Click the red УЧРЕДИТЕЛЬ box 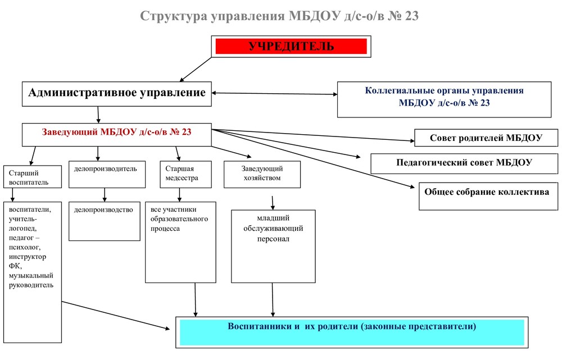pyautogui.click(x=291, y=47)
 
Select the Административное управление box pyautogui.click(x=117, y=94)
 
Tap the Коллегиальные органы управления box pyautogui.click(x=444, y=99)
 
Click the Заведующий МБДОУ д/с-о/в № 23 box pyautogui.click(x=117, y=135)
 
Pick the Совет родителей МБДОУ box pyautogui.click(x=486, y=138)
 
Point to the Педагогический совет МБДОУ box pyautogui.click(x=464, y=163)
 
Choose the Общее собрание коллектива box pyautogui.click(x=488, y=196)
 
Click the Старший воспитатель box pyautogui.click(x=33, y=176)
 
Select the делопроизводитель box pyautogui.click(x=107, y=175)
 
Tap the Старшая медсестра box pyautogui.click(x=185, y=175)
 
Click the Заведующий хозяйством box pyautogui.click(x=262, y=175)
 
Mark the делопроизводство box pyautogui.click(x=105, y=221)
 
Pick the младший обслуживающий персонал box pyautogui.click(x=273, y=247)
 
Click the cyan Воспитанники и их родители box pyautogui.click(x=352, y=332)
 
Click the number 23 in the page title pyautogui.click(x=412, y=16)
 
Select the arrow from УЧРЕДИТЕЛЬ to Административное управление pyautogui.click(x=196, y=70)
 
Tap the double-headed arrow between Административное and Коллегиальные pyautogui.click(x=274, y=93)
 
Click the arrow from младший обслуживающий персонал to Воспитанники pyautogui.click(x=273, y=300)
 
